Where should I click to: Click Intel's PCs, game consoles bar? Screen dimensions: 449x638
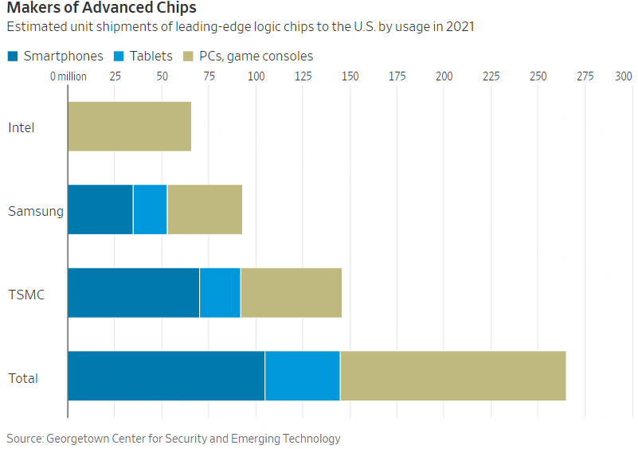129,127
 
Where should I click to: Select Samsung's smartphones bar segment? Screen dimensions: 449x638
100,209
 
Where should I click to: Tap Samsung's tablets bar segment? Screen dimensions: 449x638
150,209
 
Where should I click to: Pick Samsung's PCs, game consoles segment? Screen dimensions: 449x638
204,209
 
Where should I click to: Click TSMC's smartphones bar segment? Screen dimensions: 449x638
133,293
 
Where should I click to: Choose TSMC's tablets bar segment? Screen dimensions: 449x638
220,293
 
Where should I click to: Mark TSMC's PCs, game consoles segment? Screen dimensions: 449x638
291,293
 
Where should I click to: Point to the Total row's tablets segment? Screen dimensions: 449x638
302,375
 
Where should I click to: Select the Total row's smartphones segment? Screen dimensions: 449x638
166,375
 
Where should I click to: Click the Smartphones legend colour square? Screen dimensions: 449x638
13,56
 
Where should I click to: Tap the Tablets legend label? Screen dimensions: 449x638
150,56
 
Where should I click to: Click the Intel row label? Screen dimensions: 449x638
22,127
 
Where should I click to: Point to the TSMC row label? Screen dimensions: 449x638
26,295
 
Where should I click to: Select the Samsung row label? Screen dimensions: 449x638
36,211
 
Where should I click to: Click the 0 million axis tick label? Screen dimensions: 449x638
68,76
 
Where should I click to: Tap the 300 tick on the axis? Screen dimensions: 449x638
623,76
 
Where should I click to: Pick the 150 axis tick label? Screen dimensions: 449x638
350,76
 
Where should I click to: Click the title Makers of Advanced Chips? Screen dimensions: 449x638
101,9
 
